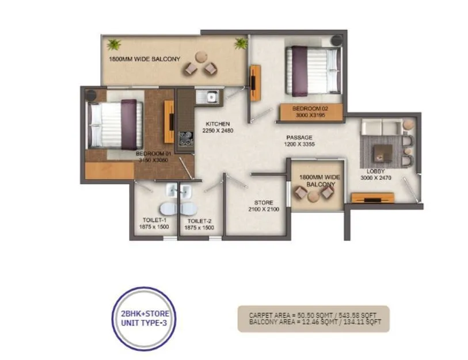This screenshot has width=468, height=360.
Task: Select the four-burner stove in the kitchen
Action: pos(186,137)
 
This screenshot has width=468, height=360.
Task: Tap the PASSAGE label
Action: pos(299,137)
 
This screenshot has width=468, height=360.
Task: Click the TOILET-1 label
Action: pos(154,220)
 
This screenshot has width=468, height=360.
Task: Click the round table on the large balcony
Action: pos(200,58)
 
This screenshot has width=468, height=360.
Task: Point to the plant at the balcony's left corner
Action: pos(113,44)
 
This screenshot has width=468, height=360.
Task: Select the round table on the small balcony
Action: pos(314,196)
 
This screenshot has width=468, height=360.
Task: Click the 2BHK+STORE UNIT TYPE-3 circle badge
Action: pos(142,318)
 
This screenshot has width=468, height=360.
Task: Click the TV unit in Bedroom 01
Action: pos(169,121)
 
